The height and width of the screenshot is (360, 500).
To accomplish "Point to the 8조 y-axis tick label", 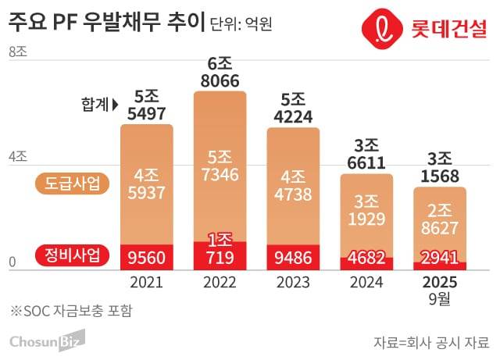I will (17, 53).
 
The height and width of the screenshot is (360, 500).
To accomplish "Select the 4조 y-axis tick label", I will (17, 156).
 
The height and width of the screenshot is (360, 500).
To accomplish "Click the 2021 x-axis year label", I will (147, 282).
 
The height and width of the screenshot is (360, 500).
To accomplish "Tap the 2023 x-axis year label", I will (293, 282).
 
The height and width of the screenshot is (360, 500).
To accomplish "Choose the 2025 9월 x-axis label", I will (439, 288).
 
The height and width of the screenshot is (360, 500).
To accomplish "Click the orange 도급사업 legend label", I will (73, 184).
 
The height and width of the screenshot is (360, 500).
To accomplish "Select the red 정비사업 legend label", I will (73, 255).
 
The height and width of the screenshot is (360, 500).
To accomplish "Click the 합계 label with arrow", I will (98, 103).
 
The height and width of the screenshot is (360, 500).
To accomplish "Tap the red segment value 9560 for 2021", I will (147, 257).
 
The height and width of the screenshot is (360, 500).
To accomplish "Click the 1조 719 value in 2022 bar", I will (220, 249).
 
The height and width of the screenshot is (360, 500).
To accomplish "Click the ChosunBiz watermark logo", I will (46, 340).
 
